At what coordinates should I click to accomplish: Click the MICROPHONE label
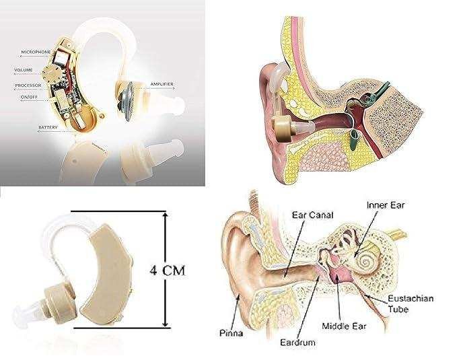[36, 52]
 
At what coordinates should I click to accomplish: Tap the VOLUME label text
[24, 70]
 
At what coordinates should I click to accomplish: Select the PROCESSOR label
[28, 85]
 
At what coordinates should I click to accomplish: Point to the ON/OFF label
[29, 97]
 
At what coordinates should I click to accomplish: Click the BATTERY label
[48, 127]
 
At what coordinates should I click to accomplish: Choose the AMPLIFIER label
[162, 84]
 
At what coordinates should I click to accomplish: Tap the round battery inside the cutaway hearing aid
[85, 117]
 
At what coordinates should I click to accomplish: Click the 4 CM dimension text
[168, 271]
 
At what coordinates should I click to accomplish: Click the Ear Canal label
[312, 215]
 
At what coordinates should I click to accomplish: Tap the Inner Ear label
[386, 205]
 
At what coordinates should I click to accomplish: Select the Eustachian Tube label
[411, 303]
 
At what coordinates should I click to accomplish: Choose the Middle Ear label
[344, 326]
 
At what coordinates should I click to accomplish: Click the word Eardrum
[297, 343]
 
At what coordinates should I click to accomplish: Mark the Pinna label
[231, 333]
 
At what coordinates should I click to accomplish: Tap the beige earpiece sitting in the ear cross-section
[282, 129]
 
